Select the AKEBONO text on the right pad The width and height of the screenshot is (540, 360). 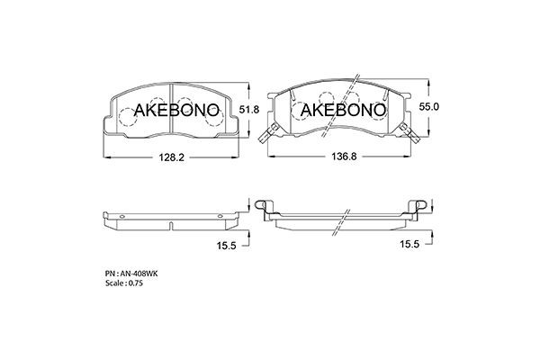[342, 111]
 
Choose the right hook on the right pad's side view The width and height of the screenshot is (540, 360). [418, 203]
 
